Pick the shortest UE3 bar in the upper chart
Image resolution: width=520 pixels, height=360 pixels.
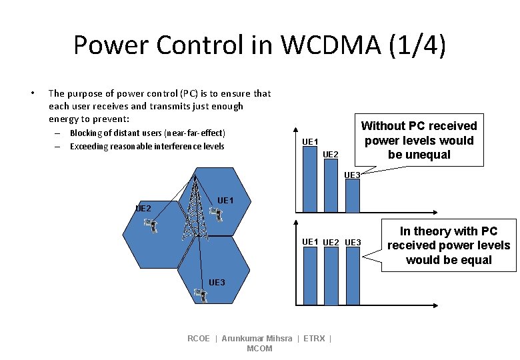(352, 189)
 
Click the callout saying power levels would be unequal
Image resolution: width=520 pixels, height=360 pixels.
(419, 140)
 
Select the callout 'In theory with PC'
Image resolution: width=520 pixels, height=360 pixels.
(449, 245)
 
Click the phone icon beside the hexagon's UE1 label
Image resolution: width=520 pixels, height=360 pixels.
(215, 214)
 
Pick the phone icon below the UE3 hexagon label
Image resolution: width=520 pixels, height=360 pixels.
(199, 295)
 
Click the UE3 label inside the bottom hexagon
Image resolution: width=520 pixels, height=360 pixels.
(217, 283)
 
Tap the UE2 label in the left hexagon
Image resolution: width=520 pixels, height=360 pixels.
(143, 208)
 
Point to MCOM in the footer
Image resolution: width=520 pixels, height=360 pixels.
(259, 349)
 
